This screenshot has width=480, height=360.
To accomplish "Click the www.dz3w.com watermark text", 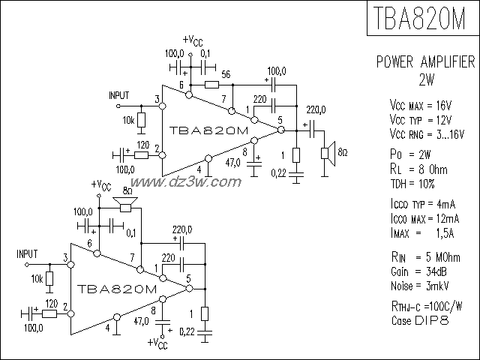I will click(x=189, y=181).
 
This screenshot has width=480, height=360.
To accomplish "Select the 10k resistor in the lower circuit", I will click(x=49, y=278).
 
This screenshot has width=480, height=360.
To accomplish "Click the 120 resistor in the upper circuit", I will click(x=142, y=153).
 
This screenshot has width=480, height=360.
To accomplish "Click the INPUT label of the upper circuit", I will click(x=118, y=96).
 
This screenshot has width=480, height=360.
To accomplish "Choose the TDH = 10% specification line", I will click(x=412, y=184).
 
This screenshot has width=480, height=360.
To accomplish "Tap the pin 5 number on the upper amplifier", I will click(x=279, y=119).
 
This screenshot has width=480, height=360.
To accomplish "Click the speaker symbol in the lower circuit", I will click(x=129, y=202).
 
